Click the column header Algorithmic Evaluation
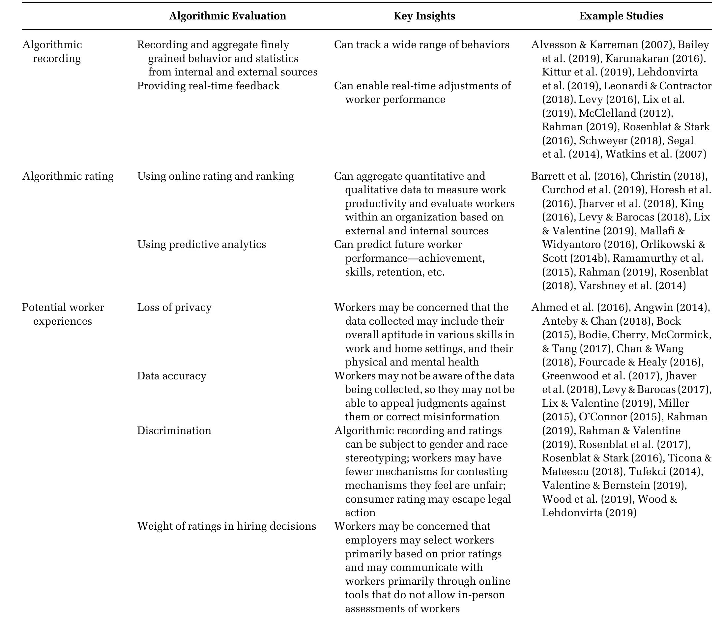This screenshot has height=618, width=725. (227, 16)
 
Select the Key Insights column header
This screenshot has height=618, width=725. (424, 16)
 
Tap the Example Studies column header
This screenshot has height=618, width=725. (621, 16)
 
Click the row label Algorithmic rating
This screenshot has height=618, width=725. (68, 176)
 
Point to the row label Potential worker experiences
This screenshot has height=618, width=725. (63, 314)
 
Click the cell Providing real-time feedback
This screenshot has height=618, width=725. (208, 86)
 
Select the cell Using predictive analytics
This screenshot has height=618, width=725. (202, 244)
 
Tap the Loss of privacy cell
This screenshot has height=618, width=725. (174, 307)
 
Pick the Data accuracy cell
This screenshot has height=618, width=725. (171, 376)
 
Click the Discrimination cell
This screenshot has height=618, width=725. (174, 430)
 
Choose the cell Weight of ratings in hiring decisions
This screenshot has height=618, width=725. (226, 526)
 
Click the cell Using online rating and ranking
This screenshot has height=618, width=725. (215, 176)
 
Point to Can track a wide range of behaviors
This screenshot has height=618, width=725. (421, 45)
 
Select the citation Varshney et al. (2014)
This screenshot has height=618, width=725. (632, 285)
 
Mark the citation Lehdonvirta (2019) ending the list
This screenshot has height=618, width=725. (589, 513)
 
